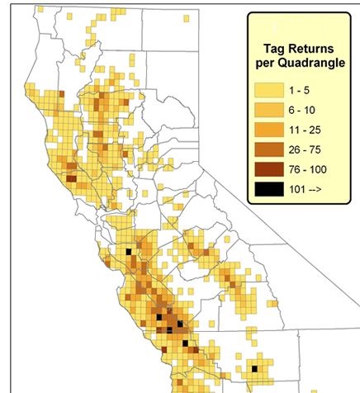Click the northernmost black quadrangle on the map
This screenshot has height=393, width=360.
128,249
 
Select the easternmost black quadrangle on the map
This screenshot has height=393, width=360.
255,368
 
